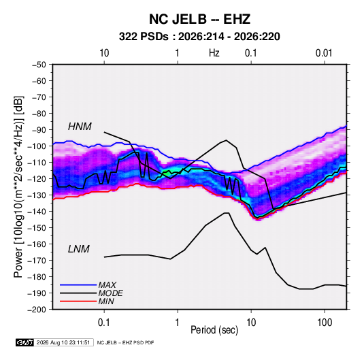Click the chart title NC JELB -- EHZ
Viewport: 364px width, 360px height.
pos(199,19)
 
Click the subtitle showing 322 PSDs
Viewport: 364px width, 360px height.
pos(199,37)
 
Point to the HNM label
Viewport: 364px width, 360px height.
pos(80,127)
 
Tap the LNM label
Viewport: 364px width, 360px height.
pos(79,249)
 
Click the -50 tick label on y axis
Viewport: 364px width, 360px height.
pos(39,65)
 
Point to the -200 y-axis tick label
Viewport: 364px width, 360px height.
pos(37,310)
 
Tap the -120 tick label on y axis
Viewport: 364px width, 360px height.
pos(37,179)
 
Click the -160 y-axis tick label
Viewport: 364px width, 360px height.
pos(37,244)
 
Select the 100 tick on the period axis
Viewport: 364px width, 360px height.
pos(325,323)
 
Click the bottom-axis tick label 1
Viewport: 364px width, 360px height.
pos(178,323)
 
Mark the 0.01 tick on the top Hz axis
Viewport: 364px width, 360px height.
pos(324,53)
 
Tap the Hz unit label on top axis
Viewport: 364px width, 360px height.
pos(214,53)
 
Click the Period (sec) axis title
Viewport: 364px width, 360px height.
pos(214,330)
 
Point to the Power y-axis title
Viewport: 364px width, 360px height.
pos(18,187)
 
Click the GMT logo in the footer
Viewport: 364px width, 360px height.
pos(24,342)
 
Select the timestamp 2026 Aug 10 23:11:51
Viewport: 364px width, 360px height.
pos(63,342)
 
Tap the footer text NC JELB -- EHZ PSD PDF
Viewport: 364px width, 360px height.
pos(125,342)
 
